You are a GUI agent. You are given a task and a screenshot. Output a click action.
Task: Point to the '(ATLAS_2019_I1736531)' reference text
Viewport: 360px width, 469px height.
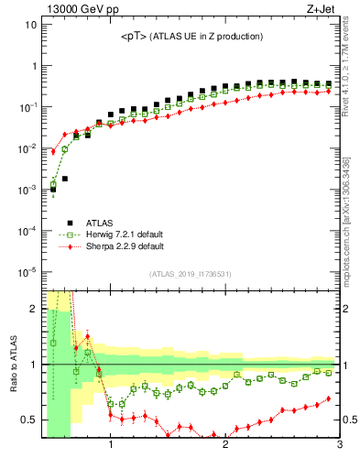191,274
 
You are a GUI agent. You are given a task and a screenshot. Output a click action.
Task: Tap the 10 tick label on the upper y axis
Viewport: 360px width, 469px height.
29,25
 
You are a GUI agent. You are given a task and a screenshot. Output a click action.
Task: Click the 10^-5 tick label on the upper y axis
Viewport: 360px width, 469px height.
27,271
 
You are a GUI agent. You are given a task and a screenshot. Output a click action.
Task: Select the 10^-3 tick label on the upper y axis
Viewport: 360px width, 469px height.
27,190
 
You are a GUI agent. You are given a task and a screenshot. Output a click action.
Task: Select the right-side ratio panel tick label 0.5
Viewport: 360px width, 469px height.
350,420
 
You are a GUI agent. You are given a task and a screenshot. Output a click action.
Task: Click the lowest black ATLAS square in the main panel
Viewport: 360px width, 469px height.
53,190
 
